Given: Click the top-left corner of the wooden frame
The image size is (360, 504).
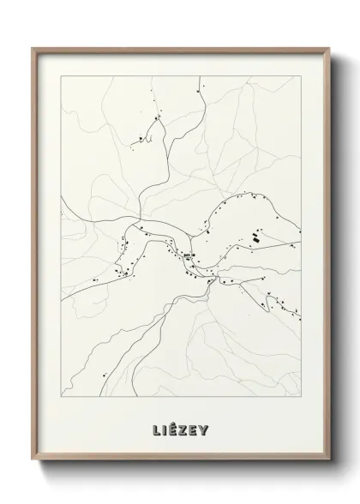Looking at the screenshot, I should coord(32,47).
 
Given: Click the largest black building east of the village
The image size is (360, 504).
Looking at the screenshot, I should coord(254,239).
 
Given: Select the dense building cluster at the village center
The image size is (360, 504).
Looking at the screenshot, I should coord(188,255).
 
